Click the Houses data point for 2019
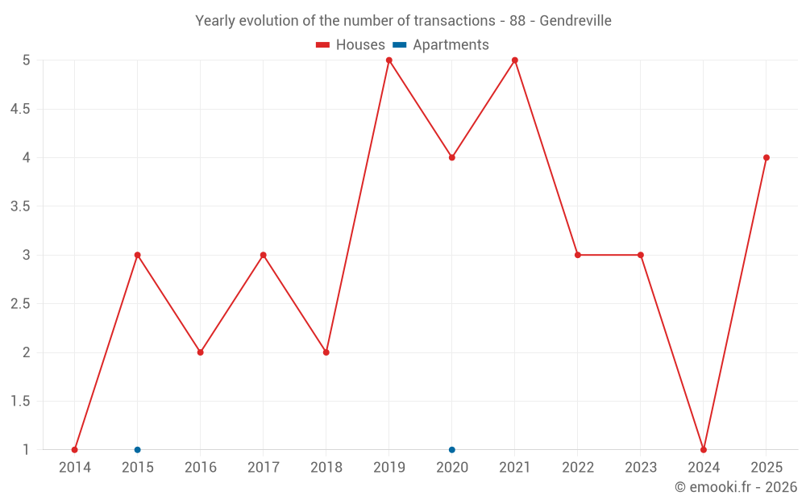pyautogui.click(x=389, y=60)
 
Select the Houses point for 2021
pyautogui.click(x=514, y=60)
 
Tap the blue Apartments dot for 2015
pyautogui.click(x=137, y=450)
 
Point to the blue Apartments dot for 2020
pyautogui.click(x=452, y=450)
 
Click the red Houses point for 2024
pyautogui.click(x=704, y=450)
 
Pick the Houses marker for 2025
pyautogui.click(x=767, y=158)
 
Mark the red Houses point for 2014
pyautogui.click(x=74, y=450)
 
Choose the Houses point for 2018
pyautogui.click(x=326, y=353)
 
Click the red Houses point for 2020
pyautogui.click(x=452, y=158)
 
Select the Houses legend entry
pyautogui.click(x=351, y=44)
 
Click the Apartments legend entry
pyautogui.click(x=441, y=44)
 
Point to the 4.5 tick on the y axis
pyautogui.click(x=20, y=109)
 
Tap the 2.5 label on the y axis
pyautogui.click(x=20, y=304)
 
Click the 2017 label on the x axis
pyautogui.click(x=264, y=468)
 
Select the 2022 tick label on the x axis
pyautogui.click(x=578, y=468)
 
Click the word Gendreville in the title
pyautogui.click(x=575, y=21)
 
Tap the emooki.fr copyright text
pyautogui.click(x=736, y=486)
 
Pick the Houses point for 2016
pyautogui.click(x=201, y=353)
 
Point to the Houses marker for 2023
pyautogui.click(x=641, y=255)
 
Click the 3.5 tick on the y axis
pyautogui.click(x=20, y=206)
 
